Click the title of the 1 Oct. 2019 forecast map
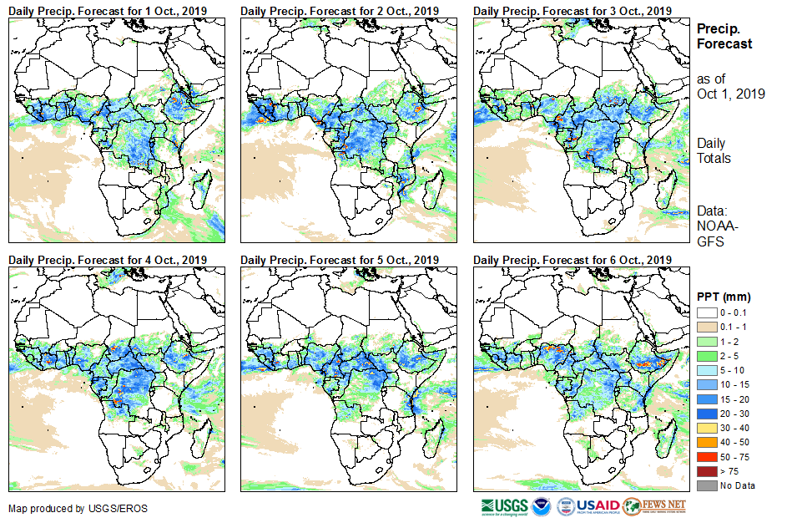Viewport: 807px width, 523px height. click(x=108, y=10)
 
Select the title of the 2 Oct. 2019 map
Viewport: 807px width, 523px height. click(x=340, y=10)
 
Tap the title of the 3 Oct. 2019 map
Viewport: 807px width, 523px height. click(x=572, y=10)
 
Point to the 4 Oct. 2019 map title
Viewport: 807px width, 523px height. click(x=108, y=261)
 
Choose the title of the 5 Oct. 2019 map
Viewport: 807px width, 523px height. click(x=340, y=261)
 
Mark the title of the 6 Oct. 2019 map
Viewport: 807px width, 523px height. click(x=572, y=261)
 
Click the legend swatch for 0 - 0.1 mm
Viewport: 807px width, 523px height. click(x=706, y=312)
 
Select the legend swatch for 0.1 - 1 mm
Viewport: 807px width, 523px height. click(x=706, y=327)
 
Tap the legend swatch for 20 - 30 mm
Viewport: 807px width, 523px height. click(x=706, y=414)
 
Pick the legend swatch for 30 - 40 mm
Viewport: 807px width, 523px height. click(x=706, y=428)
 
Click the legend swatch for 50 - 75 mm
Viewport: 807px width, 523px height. click(x=706, y=457)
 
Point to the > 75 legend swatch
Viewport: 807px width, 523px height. click(x=706, y=471)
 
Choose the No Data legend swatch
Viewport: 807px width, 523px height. click(x=706, y=485)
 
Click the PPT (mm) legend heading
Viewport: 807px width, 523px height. click(x=724, y=297)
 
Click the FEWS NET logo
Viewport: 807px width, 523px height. click(x=654, y=506)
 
